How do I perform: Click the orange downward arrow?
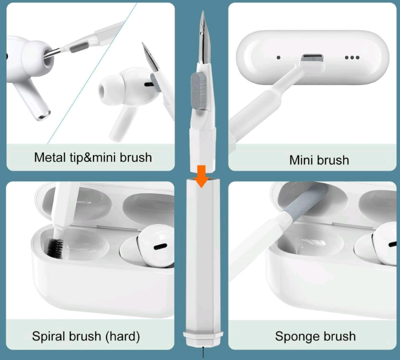(x=202, y=176)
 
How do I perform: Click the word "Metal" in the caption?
(x=50, y=157)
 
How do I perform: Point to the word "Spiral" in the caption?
(x=48, y=336)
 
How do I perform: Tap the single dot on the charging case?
(x=279, y=58)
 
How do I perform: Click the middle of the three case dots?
(x=352, y=58)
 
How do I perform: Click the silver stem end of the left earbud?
(x=44, y=115)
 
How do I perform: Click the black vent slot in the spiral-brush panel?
(x=160, y=247)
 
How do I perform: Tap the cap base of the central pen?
(x=203, y=339)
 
